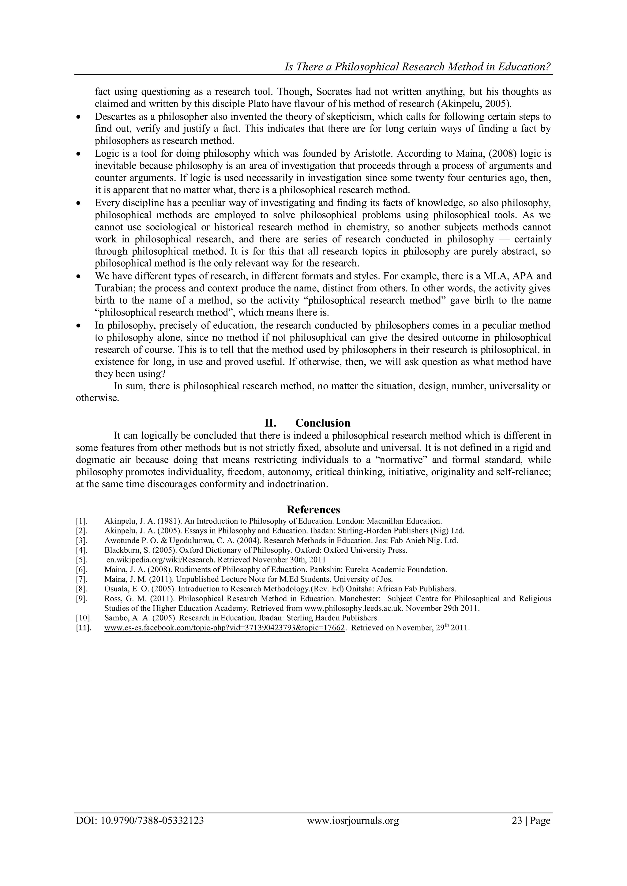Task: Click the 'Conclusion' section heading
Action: [323, 423]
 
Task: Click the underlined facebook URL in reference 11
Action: [224, 627]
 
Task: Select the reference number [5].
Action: [82, 559]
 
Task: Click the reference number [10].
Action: [83, 618]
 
